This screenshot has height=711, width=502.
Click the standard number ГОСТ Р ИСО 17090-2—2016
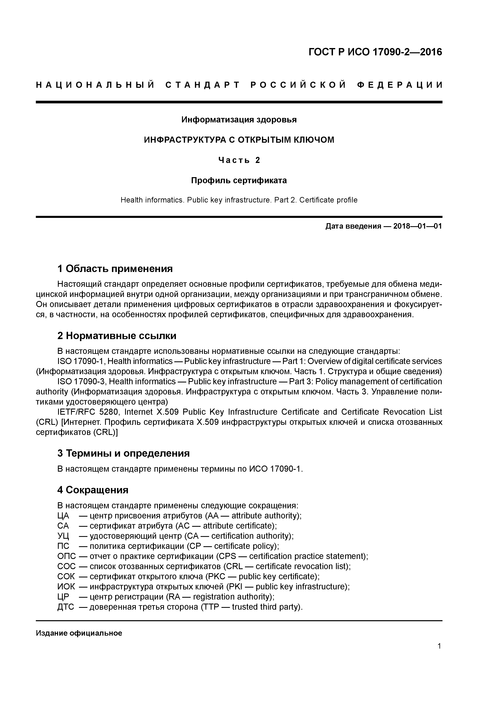pyautogui.click(x=375, y=52)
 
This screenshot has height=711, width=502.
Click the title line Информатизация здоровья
pyautogui.click(x=239, y=120)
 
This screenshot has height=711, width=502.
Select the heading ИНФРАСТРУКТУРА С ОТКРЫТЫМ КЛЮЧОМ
pyautogui.click(x=239, y=140)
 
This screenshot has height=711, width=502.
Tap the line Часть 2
pyautogui.click(x=239, y=160)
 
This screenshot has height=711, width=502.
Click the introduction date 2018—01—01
pyautogui.click(x=418, y=226)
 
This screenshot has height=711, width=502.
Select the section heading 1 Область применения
pyautogui.click(x=115, y=269)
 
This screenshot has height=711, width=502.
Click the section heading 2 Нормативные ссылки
pyautogui.click(x=117, y=336)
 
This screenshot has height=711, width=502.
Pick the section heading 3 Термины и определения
pyautogui.click(x=123, y=453)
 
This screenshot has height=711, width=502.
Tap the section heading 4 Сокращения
pyautogui.click(x=93, y=490)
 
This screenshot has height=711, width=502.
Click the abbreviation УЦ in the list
pyautogui.click(x=63, y=536)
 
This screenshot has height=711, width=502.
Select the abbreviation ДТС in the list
pyautogui.click(x=66, y=607)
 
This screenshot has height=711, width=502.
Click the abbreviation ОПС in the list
pyautogui.click(x=66, y=556)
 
